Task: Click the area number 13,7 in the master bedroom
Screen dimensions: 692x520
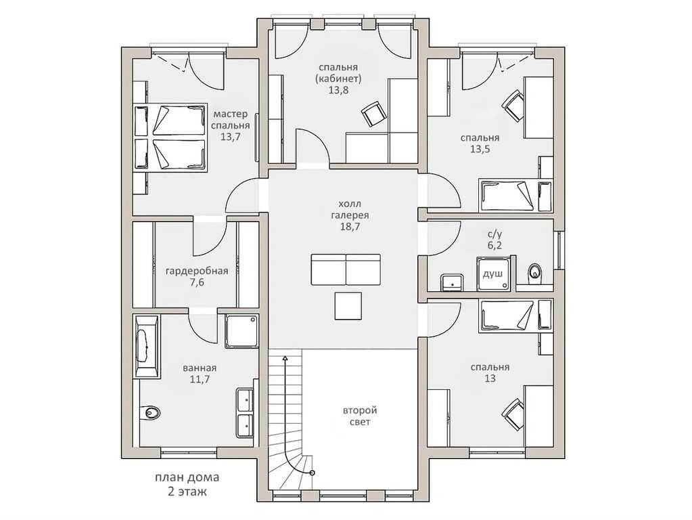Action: coord(231,137)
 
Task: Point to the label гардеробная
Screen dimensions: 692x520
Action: coord(197,271)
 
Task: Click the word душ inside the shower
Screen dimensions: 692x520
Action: coord(492,274)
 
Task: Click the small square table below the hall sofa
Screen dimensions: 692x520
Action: coord(348,306)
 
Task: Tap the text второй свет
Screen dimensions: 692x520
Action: coord(360,416)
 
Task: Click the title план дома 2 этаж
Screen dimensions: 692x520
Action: coord(187,484)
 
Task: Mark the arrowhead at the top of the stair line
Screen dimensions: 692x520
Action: coord(285,359)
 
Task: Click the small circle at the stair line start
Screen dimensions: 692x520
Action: coord(313,473)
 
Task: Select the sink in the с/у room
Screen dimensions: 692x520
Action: coord(451,282)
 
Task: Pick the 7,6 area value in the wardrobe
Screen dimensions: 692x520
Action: coord(197,282)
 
